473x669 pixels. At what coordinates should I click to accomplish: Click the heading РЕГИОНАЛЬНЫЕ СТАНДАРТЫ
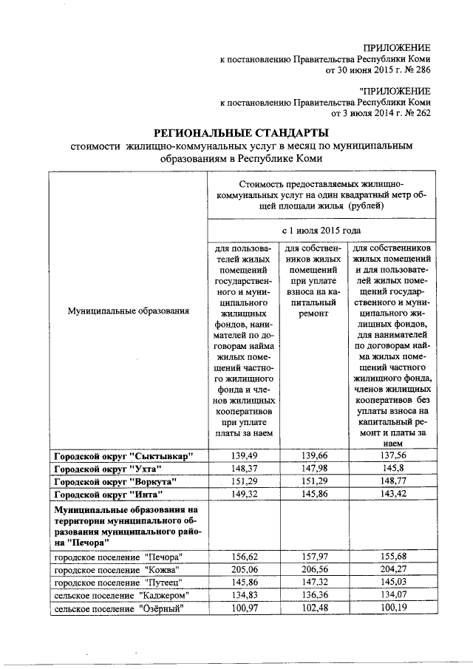click(x=239, y=133)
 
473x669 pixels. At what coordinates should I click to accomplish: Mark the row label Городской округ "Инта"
click(x=107, y=495)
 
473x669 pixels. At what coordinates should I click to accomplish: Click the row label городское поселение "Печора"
click(x=118, y=557)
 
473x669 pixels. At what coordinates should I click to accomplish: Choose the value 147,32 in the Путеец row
click(x=314, y=583)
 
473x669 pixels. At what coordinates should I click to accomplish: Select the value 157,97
click(x=314, y=557)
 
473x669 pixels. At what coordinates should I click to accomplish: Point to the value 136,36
click(x=314, y=595)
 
